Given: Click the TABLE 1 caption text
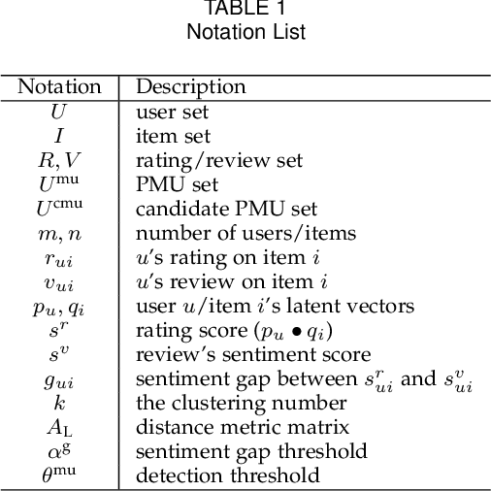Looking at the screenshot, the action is tap(245, 10).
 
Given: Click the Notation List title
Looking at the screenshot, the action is tap(245, 32).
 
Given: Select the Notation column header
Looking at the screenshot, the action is tap(59, 86).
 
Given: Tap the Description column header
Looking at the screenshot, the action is tap(190, 86).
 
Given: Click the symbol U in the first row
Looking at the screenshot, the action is tap(59, 112).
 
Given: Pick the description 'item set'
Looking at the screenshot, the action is tap(172, 136).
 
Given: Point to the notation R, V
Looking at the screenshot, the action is tap(59, 160).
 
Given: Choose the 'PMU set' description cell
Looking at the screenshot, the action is tap(177, 184).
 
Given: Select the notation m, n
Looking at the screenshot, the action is tap(59, 233).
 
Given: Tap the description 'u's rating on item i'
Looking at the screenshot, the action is tap(219, 257).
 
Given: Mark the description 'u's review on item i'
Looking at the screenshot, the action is tap(221, 281).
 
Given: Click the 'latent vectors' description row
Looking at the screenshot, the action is tap(275, 307).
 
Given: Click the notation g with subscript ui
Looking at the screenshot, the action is tap(59, 380).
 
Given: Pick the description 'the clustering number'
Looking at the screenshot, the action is tap(228, 403).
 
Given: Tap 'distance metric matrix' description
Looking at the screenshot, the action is tap(229, 427).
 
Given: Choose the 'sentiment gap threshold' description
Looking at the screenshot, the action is tap(251, 451).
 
